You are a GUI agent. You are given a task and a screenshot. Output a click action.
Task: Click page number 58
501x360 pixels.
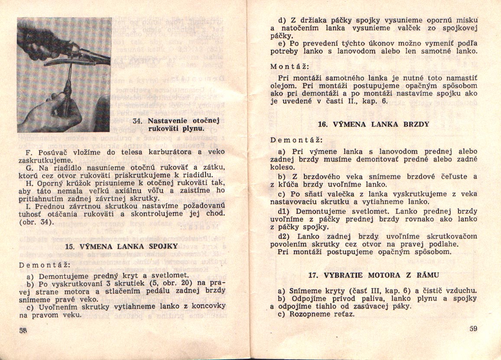(x=23, y=330)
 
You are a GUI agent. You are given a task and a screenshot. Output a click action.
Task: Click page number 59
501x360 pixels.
(x=473, y=328)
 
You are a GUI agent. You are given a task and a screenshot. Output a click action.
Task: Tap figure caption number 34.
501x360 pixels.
(x=138, y=121)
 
